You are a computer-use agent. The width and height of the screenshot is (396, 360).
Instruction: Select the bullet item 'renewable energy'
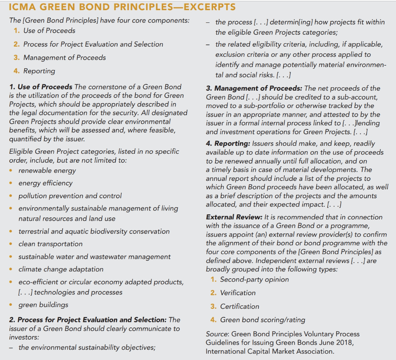click(x=47, y=170)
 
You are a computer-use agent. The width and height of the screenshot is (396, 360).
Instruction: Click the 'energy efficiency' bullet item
click(x=45, y=183)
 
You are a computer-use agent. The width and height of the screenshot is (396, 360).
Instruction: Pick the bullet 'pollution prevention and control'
click(x=70, y=196)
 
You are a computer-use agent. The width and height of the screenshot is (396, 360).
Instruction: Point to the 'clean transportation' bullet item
click(x=50, y=244)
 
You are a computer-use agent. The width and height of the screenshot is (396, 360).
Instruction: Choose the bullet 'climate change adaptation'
click(x=61, y=269)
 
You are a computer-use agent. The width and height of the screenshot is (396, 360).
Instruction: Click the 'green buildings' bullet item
click(x=43, y=305)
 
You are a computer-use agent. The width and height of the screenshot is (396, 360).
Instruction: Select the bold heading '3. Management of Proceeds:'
click(x=254, y=89)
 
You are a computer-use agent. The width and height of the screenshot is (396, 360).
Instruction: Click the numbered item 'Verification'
click(x=238, y=293)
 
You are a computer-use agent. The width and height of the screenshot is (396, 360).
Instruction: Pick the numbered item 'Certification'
click(x=240, y=307)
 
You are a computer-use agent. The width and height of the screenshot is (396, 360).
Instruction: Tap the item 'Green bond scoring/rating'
click(x=262, y=320)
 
